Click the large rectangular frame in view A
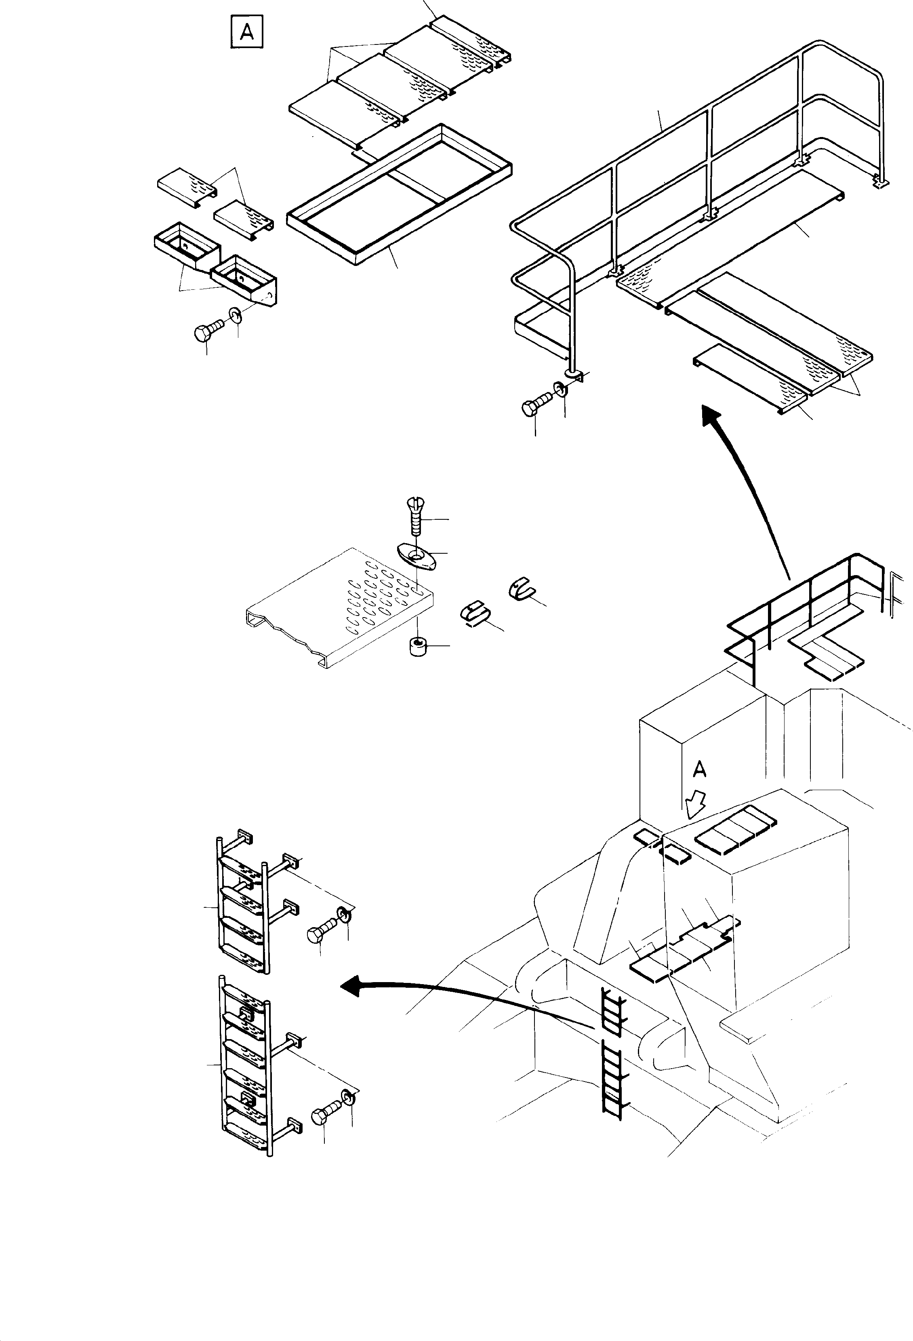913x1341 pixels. coord(399,194)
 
